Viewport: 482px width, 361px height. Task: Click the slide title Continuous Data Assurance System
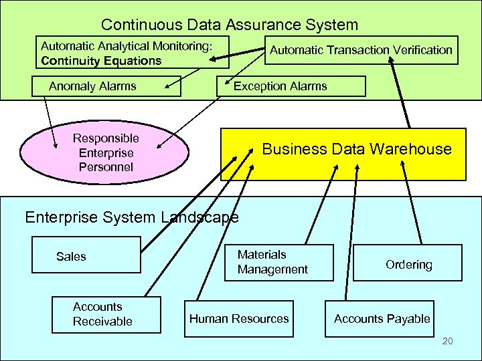click(x=230, y=25)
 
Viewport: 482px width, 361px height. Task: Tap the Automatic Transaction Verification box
click(x=361, y=49)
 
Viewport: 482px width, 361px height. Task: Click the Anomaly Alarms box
click(x=92, y=86)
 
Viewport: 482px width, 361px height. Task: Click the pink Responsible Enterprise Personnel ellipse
click(x=106, y=152)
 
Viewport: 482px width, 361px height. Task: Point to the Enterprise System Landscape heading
click(x=131, y=217)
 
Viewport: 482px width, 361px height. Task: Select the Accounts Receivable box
click(x=108, y=314)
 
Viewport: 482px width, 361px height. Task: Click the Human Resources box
click(x=239, y=319)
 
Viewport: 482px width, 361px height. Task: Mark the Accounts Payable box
click(x=382, y=319)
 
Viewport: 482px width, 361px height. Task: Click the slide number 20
click(x=448, y=342)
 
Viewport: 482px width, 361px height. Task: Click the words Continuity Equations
click(x=101, y=61)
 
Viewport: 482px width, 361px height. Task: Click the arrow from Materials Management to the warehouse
click(x=319, y=207)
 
